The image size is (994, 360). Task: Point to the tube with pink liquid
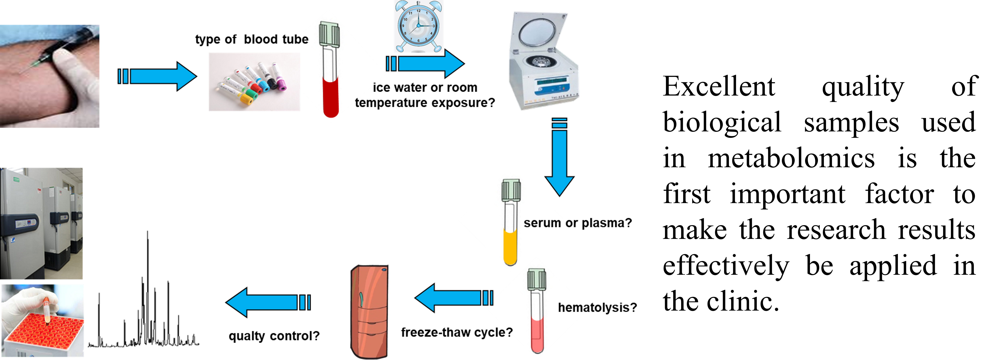537,316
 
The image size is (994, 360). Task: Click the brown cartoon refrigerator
369,312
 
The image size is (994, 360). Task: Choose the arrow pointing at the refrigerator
453,298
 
